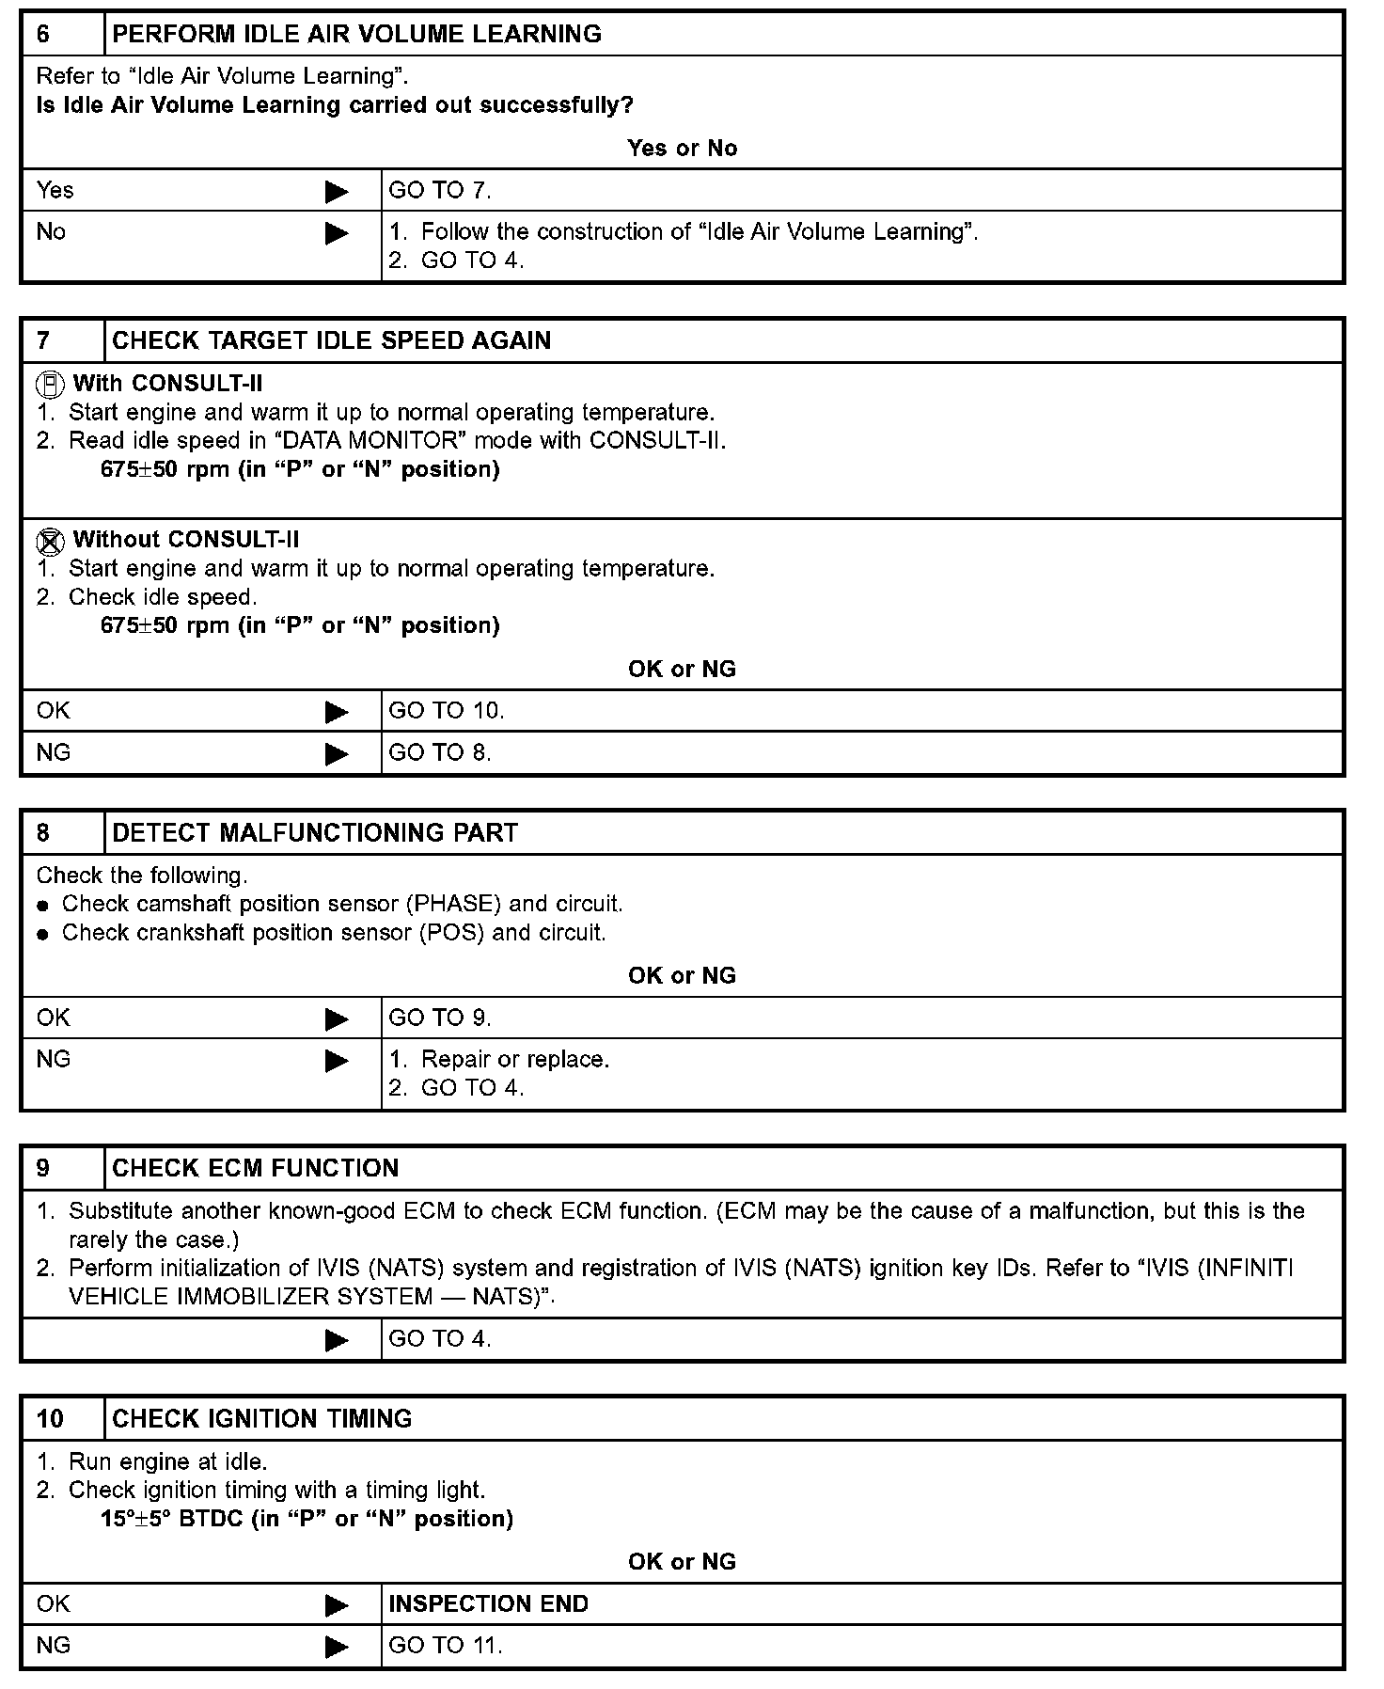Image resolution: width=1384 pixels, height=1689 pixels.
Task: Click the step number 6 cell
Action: [62, 34]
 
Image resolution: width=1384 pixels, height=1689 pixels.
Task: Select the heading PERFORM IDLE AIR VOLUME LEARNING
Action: [356, 34]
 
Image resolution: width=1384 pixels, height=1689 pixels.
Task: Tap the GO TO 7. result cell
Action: [440, 191]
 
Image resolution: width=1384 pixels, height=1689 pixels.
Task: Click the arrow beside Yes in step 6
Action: [337, 192]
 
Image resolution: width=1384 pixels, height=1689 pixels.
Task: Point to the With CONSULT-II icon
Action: [50, 385]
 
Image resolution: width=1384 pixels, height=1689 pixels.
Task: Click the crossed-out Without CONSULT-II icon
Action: [50, 541]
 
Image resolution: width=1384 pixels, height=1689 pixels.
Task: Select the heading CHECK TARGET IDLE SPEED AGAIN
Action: [331, 340]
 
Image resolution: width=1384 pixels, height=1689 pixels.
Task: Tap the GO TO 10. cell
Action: [447, 711]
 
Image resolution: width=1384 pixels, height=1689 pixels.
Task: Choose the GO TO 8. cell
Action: [440, 752]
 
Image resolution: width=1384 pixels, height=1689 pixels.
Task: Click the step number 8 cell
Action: [62, 833]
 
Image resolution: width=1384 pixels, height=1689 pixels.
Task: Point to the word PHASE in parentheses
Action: [456, 905]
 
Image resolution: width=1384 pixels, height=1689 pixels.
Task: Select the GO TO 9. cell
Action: [440, 1018]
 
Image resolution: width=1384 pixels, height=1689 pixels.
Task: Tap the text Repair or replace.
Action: [514, 1060]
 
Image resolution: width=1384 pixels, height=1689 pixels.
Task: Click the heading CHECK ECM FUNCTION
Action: [255, 1168]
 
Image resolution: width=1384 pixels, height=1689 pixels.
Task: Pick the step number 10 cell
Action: [62, 1418]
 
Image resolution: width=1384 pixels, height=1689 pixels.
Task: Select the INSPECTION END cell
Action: [488, 1604]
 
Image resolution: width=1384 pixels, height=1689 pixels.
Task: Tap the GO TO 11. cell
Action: [446, 1646]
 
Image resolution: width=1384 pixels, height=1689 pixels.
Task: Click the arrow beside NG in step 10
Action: [337, 1647]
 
